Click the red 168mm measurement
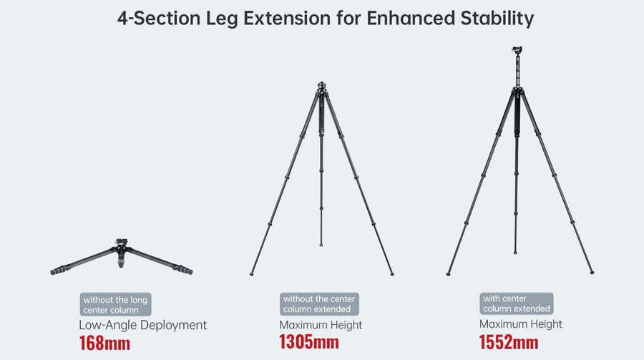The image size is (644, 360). (x=104, y=344)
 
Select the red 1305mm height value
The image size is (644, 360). (x=309, y=342)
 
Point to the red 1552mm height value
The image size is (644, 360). (x=509, y=342)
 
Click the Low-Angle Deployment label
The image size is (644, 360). (x=142, y=325)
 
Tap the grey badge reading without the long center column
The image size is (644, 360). (x=115, y=304)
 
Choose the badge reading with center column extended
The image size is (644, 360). (x=516, y=303)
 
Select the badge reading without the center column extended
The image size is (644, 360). (x=319, y=304)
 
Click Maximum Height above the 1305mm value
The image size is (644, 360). (x=321, y=325)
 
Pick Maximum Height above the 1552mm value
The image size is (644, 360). (x=520, y=324)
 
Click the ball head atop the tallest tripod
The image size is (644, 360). (x=517, y=51)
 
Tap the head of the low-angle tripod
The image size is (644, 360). (x=121, y=243)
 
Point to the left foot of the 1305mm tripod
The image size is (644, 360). (x=251, y=273)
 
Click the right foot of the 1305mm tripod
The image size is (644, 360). (x=392, y=273)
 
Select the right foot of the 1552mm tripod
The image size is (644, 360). (x=592, y=273)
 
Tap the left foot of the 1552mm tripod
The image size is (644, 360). (x=448, y=273)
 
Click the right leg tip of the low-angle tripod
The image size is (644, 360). (x=190, y=271)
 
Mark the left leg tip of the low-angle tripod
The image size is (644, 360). (x=53, y=272)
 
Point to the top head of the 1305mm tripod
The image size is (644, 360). (x=321, y=86)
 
